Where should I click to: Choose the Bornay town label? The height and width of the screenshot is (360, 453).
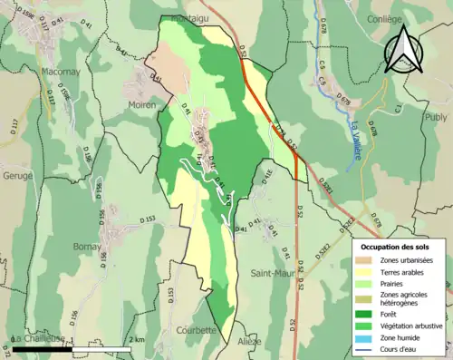tap(88, 246)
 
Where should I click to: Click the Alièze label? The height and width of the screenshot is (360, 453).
tap(249, 341)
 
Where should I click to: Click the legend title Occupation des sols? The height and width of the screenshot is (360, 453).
tap(397, 247)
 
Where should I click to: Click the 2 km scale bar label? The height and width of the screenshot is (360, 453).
tap(133, 339)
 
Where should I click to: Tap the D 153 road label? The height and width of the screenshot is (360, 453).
tap(148, 219)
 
